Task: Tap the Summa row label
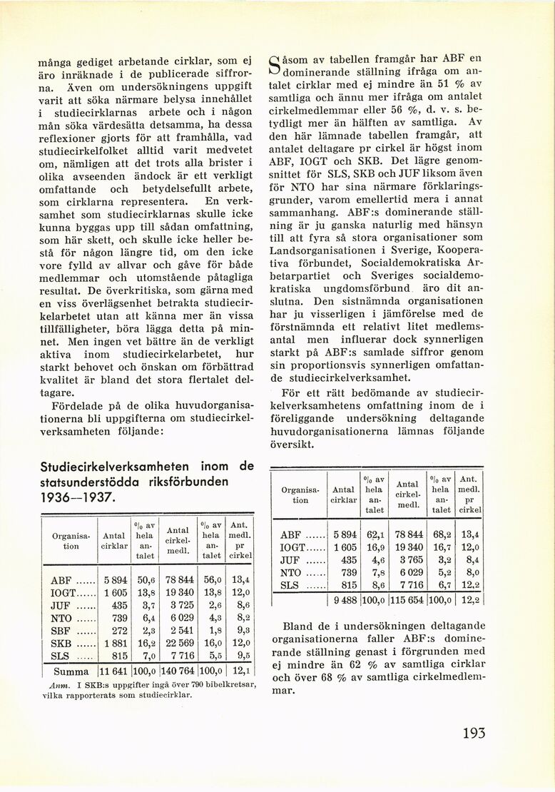click(71, 671)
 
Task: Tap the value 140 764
click(176, 671)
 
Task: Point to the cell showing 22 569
click(178, 644)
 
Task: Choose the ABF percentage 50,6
click(145, 580)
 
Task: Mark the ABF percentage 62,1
click(375, 534)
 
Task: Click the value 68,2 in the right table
click(441, 534)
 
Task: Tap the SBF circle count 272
click(120, 631)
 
